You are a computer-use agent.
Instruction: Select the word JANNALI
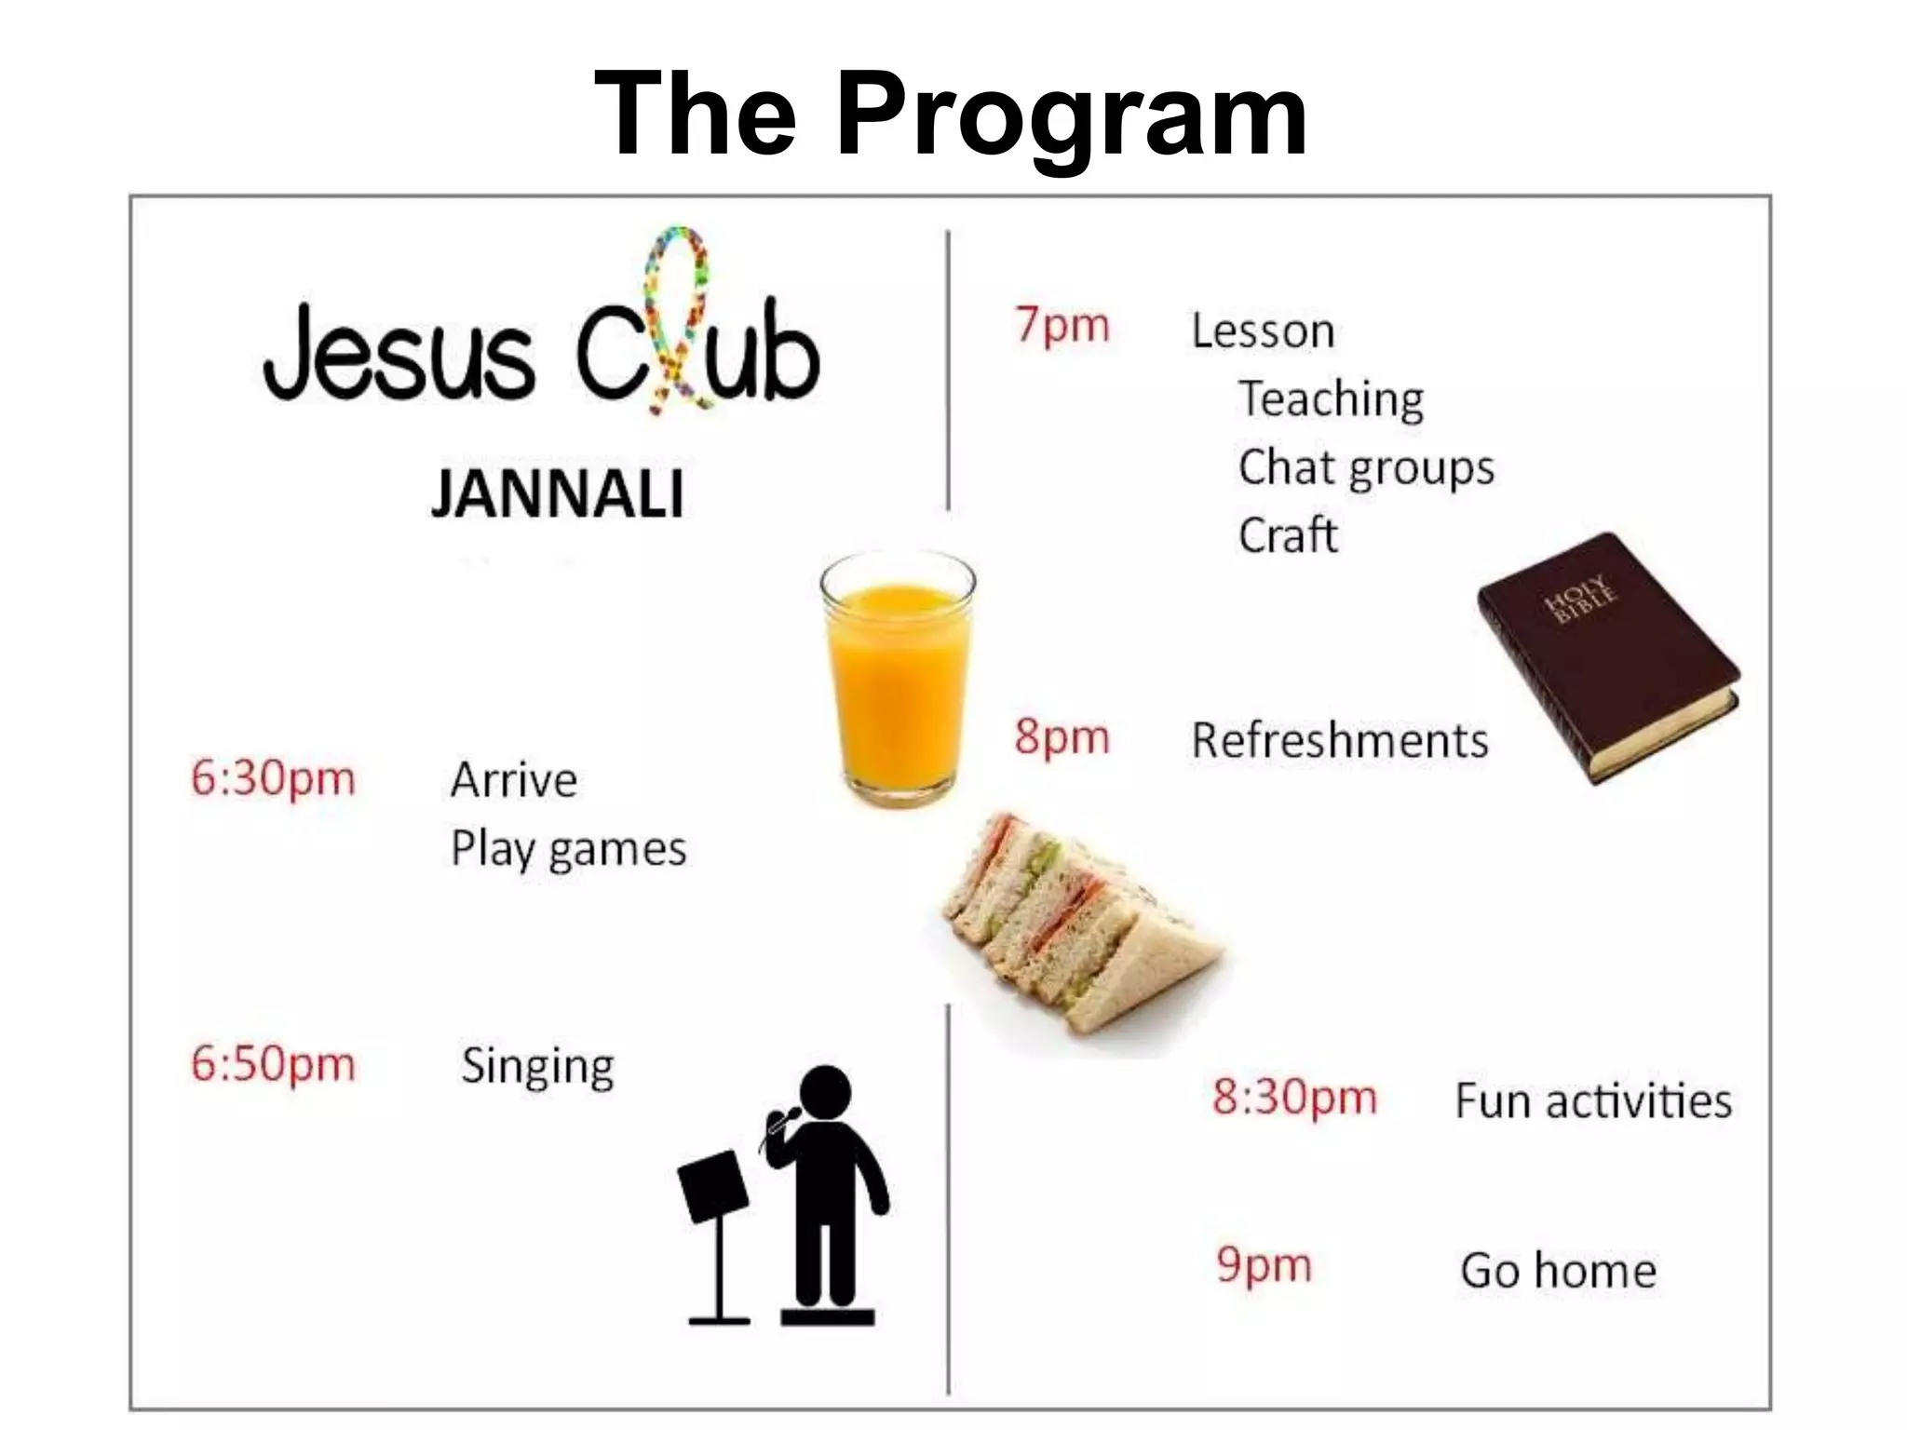(557, 493)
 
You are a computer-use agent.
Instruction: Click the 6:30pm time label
(273, 778)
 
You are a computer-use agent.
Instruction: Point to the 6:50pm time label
(273, 1063)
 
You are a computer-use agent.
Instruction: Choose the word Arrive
(513, 780)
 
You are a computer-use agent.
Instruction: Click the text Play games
(568, 849)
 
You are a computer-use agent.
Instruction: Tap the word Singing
(537, 1067)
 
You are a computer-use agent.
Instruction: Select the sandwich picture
(1080, 922)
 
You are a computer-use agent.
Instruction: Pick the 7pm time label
(1062, 327)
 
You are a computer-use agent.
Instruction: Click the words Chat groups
(1365, 467)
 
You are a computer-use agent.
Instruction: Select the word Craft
(1288, 535)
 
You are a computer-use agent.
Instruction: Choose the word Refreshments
(1339, 741)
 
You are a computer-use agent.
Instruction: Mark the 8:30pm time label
(1293, 1099)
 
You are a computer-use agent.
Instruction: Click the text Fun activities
(1592, 1101)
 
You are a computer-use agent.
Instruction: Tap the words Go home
(1558, 1271)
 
